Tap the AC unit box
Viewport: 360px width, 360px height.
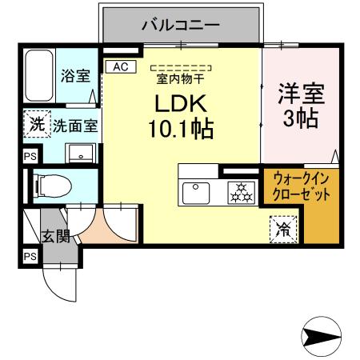tap(120, 67)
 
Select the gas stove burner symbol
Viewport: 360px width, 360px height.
tap(239, 191)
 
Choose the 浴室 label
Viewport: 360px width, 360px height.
tap(76, 76)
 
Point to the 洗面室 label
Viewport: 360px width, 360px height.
tap(76, 126)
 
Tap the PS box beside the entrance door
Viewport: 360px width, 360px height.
tap(30, 256)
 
